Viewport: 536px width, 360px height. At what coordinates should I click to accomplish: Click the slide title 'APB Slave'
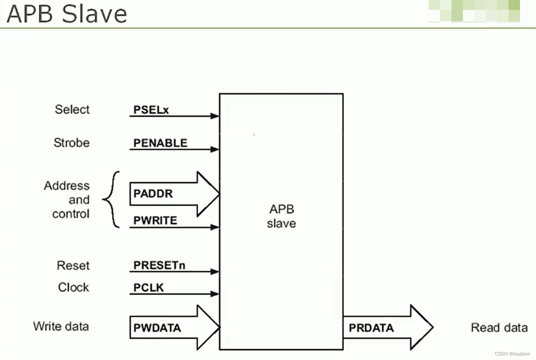click(67, 14)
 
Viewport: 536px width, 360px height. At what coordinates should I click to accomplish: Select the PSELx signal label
click(151, 110)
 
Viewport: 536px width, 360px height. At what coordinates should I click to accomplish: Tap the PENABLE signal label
click(160, 143)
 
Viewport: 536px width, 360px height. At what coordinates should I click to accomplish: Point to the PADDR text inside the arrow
click(153, 194)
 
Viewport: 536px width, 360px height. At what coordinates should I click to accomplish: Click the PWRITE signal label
click(155, 220)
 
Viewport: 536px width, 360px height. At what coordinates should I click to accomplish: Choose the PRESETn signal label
click(159, 265)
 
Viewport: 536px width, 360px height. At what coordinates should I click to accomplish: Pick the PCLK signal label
click(149, 288)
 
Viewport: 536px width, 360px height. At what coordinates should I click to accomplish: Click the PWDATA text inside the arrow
click(157, 328)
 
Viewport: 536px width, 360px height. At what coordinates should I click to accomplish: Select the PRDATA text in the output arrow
click(371, 328)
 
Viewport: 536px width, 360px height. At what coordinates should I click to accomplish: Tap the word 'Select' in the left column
click(72, 110)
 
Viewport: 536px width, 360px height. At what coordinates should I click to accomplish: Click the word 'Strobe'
click(72, 142)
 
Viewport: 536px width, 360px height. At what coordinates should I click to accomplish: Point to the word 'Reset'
click(73, 266)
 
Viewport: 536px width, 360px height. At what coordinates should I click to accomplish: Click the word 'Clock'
click(74, 287)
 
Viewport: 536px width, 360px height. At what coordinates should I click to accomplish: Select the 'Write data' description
click(61, 326)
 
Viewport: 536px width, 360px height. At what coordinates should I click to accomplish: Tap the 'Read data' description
click(499, 328)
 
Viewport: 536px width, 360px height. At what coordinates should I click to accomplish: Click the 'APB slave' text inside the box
click(282, 216)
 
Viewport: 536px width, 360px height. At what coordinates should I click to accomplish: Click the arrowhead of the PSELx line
click(215, 116)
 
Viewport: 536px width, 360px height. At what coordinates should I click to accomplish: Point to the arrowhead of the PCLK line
click(215, 294)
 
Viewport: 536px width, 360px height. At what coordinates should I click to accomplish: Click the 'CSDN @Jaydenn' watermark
click(512, 354)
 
